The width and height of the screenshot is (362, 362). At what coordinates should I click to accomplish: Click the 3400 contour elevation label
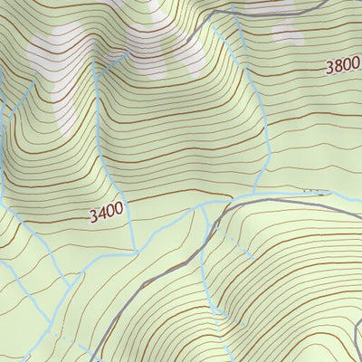pyautogui.click(x=106, y=214)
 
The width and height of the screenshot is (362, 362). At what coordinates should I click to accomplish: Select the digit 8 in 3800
pyautogui.click(x=338, y=66)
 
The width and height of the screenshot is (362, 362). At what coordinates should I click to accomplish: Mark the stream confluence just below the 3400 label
pyautogui.click(x=134, y=250)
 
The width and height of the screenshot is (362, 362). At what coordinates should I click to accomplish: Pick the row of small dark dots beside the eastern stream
pyautogui.click(x=312, y=191)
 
